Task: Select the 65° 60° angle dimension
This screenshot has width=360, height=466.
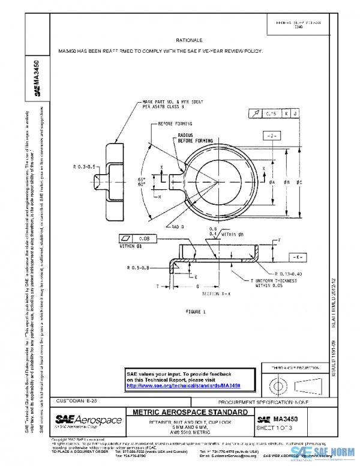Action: (142, 182)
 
